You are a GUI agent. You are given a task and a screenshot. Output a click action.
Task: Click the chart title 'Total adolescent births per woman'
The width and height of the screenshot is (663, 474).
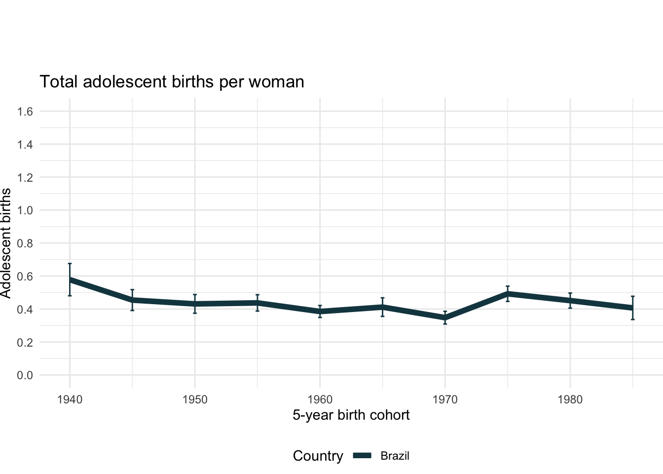coord(172,81)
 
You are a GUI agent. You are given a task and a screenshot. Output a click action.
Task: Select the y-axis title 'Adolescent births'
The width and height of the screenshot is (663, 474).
coord(6,243)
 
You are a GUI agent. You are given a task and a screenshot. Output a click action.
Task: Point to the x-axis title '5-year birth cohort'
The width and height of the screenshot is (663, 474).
coord(351,415)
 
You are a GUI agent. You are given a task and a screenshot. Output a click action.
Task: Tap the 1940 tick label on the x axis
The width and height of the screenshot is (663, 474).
coord(70,399)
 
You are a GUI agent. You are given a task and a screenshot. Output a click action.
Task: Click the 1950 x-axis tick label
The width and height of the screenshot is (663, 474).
coord(195,399)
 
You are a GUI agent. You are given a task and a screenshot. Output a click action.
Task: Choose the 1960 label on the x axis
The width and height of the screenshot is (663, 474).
coord(320,399)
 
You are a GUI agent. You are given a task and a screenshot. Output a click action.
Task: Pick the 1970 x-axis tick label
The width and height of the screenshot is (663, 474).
coord(445,399)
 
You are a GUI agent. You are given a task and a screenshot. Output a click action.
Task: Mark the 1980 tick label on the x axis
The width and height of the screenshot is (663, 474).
coord(570,399)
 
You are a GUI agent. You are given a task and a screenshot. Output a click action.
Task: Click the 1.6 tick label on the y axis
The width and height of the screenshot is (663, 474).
coord(25,112)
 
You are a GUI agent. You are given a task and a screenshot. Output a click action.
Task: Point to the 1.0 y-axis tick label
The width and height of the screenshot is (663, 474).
coord(25,210)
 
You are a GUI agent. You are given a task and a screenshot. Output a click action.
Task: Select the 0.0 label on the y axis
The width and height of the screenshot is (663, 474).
coord(25,375)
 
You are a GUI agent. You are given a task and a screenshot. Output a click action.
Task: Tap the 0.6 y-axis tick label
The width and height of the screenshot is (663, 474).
coord(25,276)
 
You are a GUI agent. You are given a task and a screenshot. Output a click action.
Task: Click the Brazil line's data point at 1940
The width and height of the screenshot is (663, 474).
coord(70,279)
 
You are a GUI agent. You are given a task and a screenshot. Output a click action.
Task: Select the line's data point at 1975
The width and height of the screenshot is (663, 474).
coord(508,293)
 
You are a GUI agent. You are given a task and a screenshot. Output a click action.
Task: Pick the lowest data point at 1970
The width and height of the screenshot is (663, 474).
coord(445,318)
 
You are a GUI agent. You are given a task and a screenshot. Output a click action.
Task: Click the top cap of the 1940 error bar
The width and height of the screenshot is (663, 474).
coord(70,264)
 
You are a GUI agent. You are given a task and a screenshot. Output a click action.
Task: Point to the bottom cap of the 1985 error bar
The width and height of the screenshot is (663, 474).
coord(633,319)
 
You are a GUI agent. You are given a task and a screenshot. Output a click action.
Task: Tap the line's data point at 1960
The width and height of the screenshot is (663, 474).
coord(320,312)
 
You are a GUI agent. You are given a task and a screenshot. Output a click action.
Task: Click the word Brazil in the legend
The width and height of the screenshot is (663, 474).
coord(395,456)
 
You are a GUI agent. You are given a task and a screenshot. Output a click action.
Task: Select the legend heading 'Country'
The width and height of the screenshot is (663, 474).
coord(318,456)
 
